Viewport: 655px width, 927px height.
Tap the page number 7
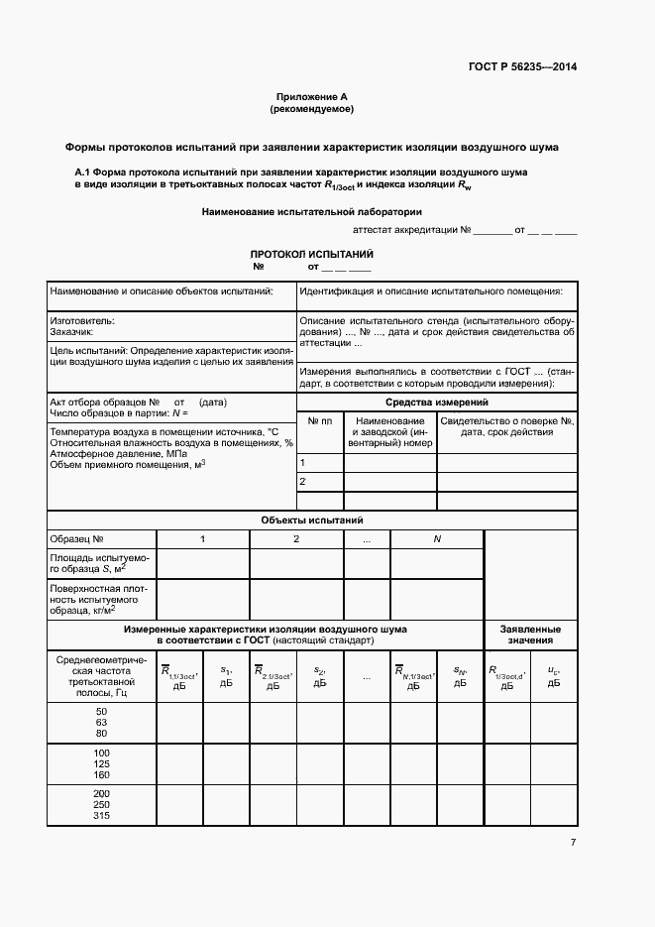pyautogui.click(x=573, y=842)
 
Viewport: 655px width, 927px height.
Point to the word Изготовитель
pyautogui.click(x=82, y=320)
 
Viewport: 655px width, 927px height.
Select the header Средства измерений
pyautogui.click(x=436, y=402)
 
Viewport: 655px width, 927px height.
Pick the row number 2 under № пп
pyautogui.click(x=302, y=482)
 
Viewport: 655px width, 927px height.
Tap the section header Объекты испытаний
pyautogui.click(x=312, y=520)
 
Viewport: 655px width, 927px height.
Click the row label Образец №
pyautogui.click(x=77, y=538)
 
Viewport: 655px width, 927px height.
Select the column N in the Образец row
pyautogui.click(x=436, y=538)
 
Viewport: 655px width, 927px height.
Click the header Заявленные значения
pyautogui.click(x=530, y=635)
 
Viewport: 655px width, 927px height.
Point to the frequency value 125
pyautogui.click(x=101, y=764)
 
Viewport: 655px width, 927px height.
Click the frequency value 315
pyautogui.click(x=101, y=816)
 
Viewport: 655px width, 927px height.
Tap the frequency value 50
pyautogui.click(x=101, y=712)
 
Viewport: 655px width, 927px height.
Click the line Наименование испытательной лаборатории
pyautogui.click(x=312, y=211)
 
